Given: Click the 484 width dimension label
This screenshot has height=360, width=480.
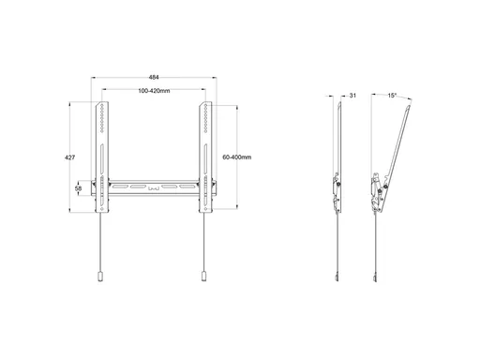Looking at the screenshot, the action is click(x=154, y=77).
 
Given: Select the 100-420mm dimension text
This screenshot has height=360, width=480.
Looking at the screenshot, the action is click(x=154, y=91).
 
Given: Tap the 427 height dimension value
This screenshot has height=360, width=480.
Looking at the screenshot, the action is click(x=69, y=157).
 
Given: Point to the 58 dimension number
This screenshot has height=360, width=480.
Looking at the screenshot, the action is click(x=78, y=188).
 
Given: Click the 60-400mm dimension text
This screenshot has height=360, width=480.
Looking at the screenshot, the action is click(x=237, y=157).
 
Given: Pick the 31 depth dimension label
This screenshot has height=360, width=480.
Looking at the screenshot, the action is click(x=352, y=96).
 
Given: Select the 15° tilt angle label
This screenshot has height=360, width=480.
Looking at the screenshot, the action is click(x=392, y=96).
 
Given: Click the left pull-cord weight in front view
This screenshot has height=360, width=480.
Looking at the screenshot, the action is click(x=100, y=277).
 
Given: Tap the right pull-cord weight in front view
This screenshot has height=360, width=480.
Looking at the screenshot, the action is click(x=203, y=277).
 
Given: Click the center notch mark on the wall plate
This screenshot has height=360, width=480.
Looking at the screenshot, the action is click(x=154, y=188).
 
